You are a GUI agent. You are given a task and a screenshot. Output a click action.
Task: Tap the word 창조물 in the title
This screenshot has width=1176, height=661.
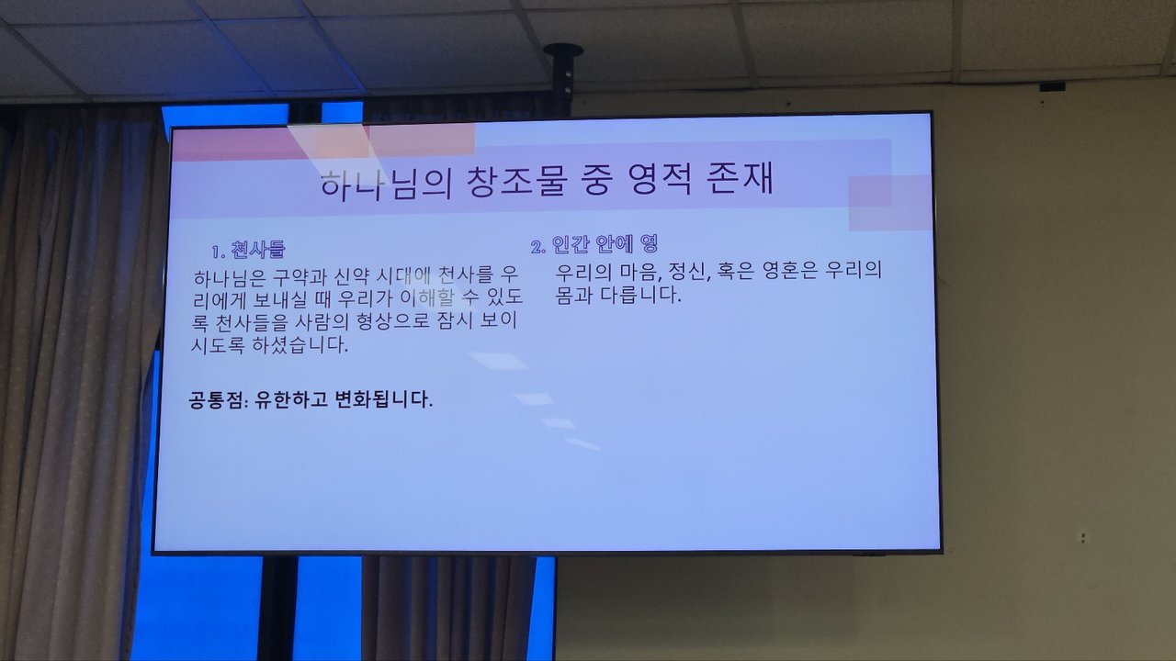517,182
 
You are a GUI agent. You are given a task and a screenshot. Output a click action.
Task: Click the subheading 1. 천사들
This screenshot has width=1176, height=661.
248,250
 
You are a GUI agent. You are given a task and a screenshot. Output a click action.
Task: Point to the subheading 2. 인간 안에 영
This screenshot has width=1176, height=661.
594,244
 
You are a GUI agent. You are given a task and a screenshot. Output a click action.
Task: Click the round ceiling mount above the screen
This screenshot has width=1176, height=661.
563,50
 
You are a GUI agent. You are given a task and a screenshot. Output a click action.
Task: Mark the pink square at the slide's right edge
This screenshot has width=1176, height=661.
890,203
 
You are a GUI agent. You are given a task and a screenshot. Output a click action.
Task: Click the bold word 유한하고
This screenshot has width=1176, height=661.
291,400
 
